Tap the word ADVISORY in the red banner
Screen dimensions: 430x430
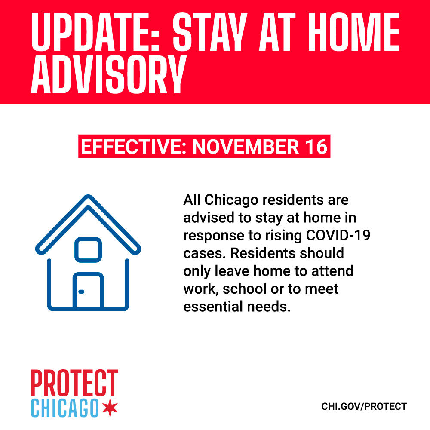(108, 77)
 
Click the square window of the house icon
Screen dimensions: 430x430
(88, 249)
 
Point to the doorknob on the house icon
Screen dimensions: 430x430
(81, 292)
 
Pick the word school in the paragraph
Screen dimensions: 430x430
(247, 289)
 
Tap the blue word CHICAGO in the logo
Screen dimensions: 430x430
(64, 407)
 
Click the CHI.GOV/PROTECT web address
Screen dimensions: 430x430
(364, 406)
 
